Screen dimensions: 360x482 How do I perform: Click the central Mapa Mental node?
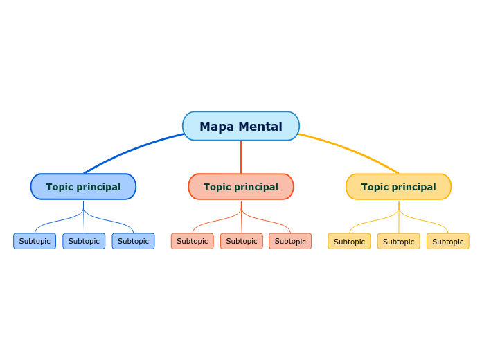241,126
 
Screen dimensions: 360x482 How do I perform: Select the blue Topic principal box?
83,187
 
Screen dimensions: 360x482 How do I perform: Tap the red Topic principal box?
241,187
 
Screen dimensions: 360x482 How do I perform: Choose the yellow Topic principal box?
398,187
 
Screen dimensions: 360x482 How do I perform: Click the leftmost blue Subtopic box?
35,241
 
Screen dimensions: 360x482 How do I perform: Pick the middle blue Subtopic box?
84,241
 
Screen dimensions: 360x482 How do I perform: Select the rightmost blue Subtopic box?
133,241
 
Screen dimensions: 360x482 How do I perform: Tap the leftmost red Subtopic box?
193,241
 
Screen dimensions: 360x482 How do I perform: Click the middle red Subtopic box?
242,241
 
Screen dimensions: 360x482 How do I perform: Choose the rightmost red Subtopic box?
290,241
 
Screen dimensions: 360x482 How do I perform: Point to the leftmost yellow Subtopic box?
349,242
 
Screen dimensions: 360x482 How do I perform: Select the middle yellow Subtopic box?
398,242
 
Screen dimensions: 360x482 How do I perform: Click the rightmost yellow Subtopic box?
447,242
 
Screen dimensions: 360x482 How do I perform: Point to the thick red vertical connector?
241,157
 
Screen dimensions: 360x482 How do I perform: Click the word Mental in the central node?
261,127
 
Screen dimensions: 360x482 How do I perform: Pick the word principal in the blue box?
98,187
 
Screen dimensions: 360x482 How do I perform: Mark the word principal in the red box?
256,187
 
